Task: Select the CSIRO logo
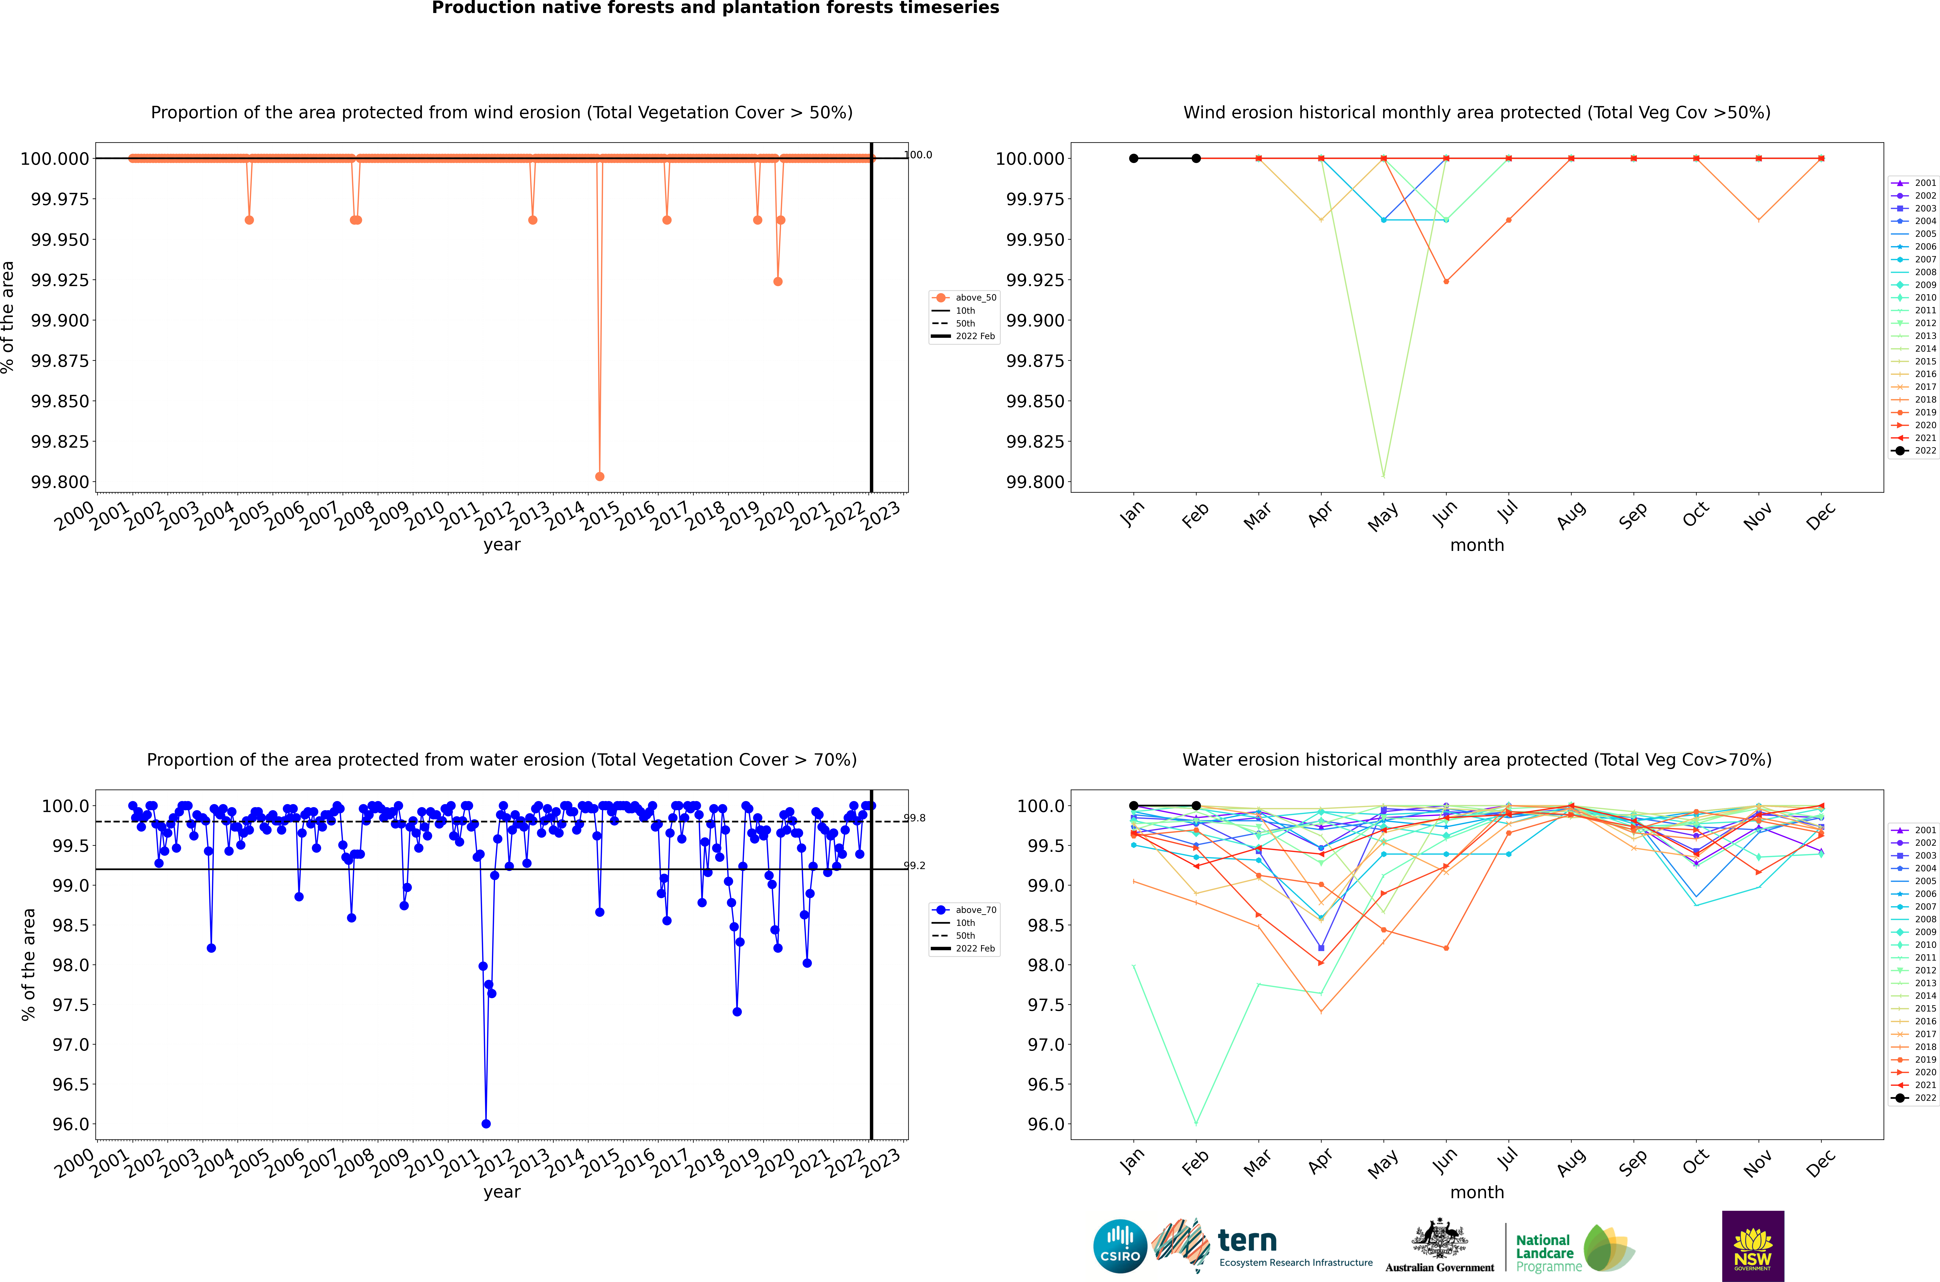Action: click(x=1120, y=1246)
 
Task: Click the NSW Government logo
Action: click(x=1753, y=1246)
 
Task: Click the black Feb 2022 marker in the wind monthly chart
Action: click(x=1196, y=159)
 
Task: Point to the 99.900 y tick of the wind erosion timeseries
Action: click(x=60, y=321)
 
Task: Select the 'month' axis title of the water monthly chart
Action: click(x=1476, y=1192)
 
